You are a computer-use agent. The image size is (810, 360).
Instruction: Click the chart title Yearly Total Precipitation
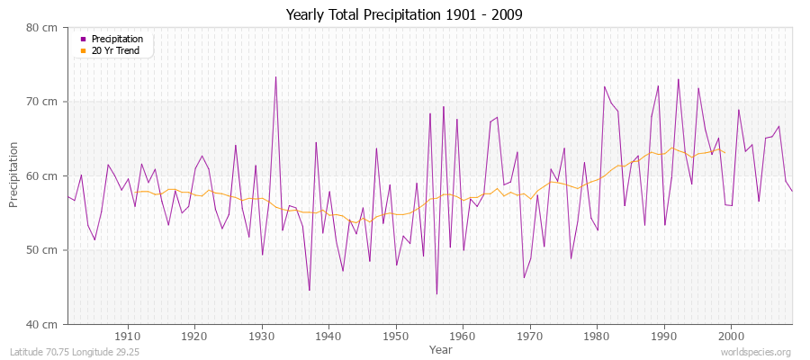404,14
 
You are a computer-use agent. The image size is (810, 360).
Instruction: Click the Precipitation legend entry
117,39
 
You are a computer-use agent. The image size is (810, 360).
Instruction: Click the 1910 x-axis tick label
128,337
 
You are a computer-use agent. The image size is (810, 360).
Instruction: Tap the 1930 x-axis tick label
262,337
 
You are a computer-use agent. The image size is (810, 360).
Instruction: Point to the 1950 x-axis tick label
396,337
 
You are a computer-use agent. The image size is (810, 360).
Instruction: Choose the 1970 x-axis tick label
530,337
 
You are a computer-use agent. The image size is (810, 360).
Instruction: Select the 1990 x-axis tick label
664,337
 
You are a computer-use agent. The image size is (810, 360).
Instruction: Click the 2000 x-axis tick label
731,337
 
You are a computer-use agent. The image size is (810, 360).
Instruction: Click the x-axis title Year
441,348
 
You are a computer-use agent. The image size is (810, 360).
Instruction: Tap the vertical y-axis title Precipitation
13,175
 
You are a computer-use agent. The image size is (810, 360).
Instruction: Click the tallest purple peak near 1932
275,77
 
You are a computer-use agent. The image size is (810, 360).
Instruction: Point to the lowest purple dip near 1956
436,293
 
